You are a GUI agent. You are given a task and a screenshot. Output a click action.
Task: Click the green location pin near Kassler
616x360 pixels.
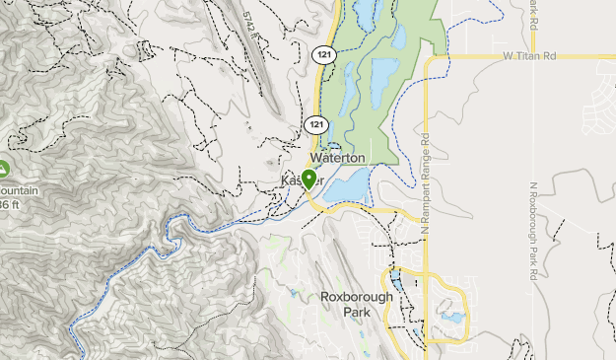pos(308,180)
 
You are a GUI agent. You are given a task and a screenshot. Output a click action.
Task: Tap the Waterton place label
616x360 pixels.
pos(338,158)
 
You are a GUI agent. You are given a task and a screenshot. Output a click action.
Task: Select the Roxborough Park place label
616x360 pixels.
pos(357,304)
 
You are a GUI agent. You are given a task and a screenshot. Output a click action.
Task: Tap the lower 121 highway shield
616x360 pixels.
pos(315,124)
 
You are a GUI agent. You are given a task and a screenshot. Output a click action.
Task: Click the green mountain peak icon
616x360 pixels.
pos(3,169)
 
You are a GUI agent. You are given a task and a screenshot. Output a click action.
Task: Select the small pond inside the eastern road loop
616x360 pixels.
pos(451,320)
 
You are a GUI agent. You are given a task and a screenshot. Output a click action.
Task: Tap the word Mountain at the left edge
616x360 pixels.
pos(18,189)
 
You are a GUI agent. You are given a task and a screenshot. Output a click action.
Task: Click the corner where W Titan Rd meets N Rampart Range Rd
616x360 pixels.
pos(426,59)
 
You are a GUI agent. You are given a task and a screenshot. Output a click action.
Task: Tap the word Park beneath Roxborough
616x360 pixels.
pos(357,312)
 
